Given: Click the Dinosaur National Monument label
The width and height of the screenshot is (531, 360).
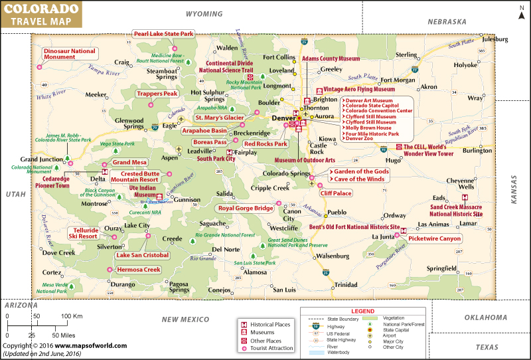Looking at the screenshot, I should [69, 54].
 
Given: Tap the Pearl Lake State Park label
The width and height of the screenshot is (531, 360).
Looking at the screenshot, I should [163, 34].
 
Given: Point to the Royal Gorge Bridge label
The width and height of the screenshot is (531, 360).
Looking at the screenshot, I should [246, 208].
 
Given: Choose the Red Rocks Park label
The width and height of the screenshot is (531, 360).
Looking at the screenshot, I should [265, 143].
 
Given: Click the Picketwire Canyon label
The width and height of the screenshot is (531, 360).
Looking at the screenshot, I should [435, 238].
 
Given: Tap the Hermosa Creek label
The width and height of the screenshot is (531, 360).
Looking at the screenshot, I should [139, 270].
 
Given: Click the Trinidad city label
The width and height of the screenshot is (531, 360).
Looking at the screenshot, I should [345, 284].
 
